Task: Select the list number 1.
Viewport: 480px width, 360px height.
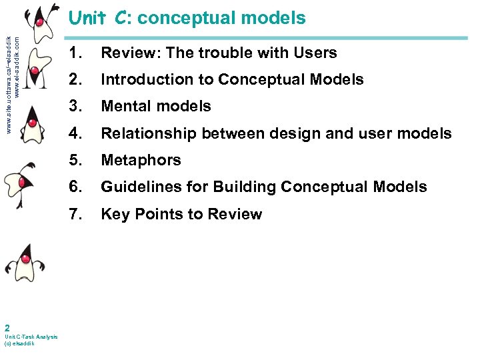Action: coord(75,53)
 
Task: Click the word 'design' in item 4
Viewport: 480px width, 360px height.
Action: coord(287,133)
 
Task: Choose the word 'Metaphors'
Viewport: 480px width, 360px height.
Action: coord(141,161)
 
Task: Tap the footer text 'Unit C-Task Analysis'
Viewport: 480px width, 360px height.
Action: coord(31,337)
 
